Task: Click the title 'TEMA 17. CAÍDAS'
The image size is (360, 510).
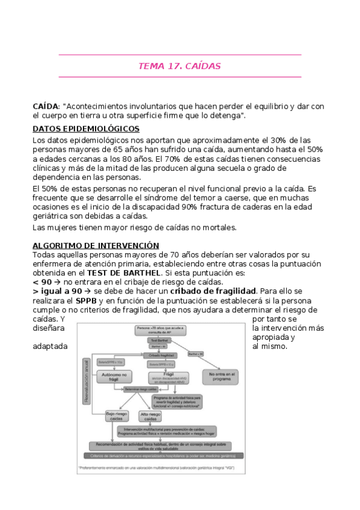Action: (180, 66)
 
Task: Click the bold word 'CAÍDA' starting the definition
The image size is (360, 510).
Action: (46, 106)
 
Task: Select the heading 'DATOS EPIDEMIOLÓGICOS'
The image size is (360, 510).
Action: (86, 129)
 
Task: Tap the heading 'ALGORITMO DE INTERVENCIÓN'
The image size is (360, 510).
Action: (96, 245)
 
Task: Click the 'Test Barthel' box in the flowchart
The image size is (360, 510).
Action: (159, 340)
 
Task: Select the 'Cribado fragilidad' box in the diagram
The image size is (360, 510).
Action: (158, 355)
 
